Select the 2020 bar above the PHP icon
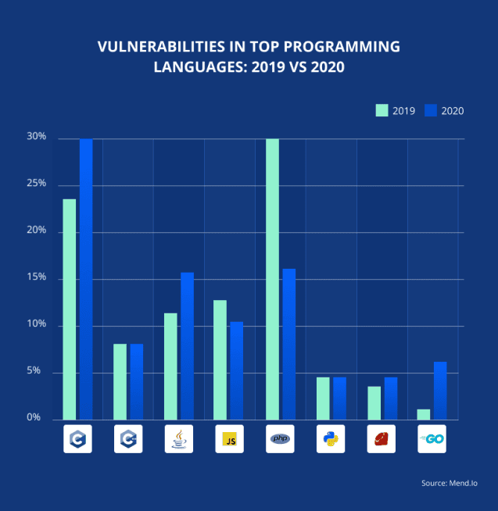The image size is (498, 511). click(x=289, y=344)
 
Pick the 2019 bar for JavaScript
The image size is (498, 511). click(x=220, y=360)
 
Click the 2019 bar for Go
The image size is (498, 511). click(x=424, y=415)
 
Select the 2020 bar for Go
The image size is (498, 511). click(x=440, y=391)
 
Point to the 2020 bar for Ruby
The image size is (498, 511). click(x=391, y=398)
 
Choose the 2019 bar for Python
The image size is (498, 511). click(x=323, y=398)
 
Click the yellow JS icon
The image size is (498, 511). click(x=229, y=439)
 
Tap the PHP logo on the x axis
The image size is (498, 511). click(x=280, y=439)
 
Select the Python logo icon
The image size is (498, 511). click(x=331, y=439)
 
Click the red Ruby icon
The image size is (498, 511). click(x=382, y=439)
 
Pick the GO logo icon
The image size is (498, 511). click(x=432, y=439)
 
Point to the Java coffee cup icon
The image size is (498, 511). click(x=178, y=439)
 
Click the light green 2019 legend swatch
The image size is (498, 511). click(x=382, y=110)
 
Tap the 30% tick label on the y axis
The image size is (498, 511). click(x=37, y=138)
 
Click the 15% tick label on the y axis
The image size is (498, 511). click(x=37, y=278)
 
